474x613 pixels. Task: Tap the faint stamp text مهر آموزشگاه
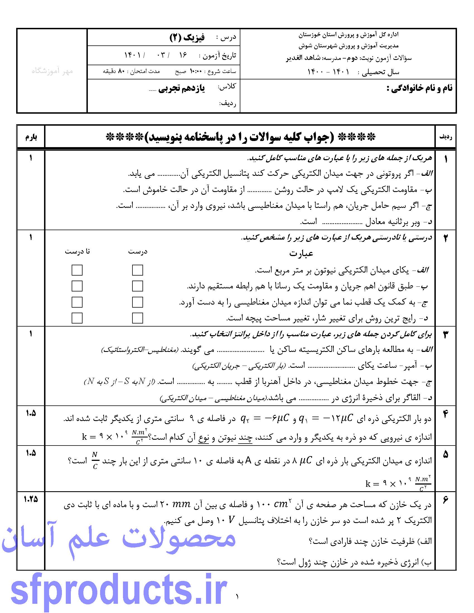pos(52,71)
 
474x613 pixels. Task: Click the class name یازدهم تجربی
pos(182,89)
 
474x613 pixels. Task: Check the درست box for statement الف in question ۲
pos(137,270)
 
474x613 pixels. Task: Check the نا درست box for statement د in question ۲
pos(77,318)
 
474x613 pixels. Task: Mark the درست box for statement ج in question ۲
pos(137,302)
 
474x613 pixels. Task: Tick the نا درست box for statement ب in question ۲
pos(77,286)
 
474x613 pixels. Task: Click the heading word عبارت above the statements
pos(301,254)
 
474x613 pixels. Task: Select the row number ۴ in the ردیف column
pos(446,414)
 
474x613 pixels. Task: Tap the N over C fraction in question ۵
pos(95,461)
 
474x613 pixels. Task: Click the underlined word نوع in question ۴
pos(203,437)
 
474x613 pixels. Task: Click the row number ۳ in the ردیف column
pos(446,334)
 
